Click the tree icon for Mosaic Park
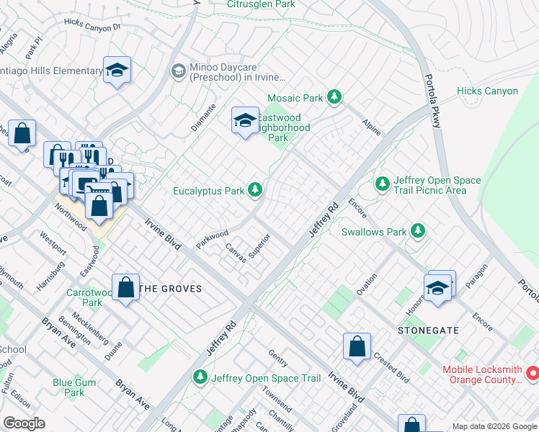(x=334, y=96)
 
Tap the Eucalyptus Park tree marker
(x=254, y=190)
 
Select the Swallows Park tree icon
(x=417, y=231)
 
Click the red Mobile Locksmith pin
(x=533, y=373)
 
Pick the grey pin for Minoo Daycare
(x=178, y=71)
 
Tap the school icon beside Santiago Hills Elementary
(x=117, y=71)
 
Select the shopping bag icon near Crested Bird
(x=357, y=346)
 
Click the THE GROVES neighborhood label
(x=170, y=288)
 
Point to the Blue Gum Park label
(x=74, y=387)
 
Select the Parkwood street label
(x=212, y=239)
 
